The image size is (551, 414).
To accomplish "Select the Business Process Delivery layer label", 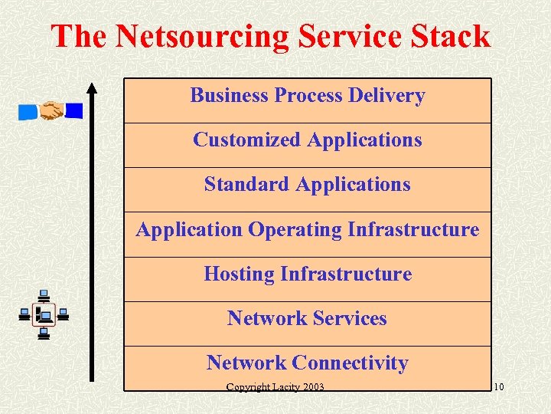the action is (x=308, y=96).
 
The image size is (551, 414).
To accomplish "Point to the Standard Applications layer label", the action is (x=308, y=185).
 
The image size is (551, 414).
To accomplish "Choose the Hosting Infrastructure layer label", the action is (x=308, y=274).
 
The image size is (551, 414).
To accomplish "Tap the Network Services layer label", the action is (x=308, y=318).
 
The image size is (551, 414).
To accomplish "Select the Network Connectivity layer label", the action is (x=308, y=363).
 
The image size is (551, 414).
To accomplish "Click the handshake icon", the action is (x=51, y=111).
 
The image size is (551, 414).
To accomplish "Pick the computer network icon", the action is (x=44, y=314).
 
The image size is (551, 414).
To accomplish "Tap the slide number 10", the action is (x=498, y=386).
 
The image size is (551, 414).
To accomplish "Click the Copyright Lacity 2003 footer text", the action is (x=275, y=386).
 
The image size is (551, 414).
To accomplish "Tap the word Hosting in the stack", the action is (x=239, y=274).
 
